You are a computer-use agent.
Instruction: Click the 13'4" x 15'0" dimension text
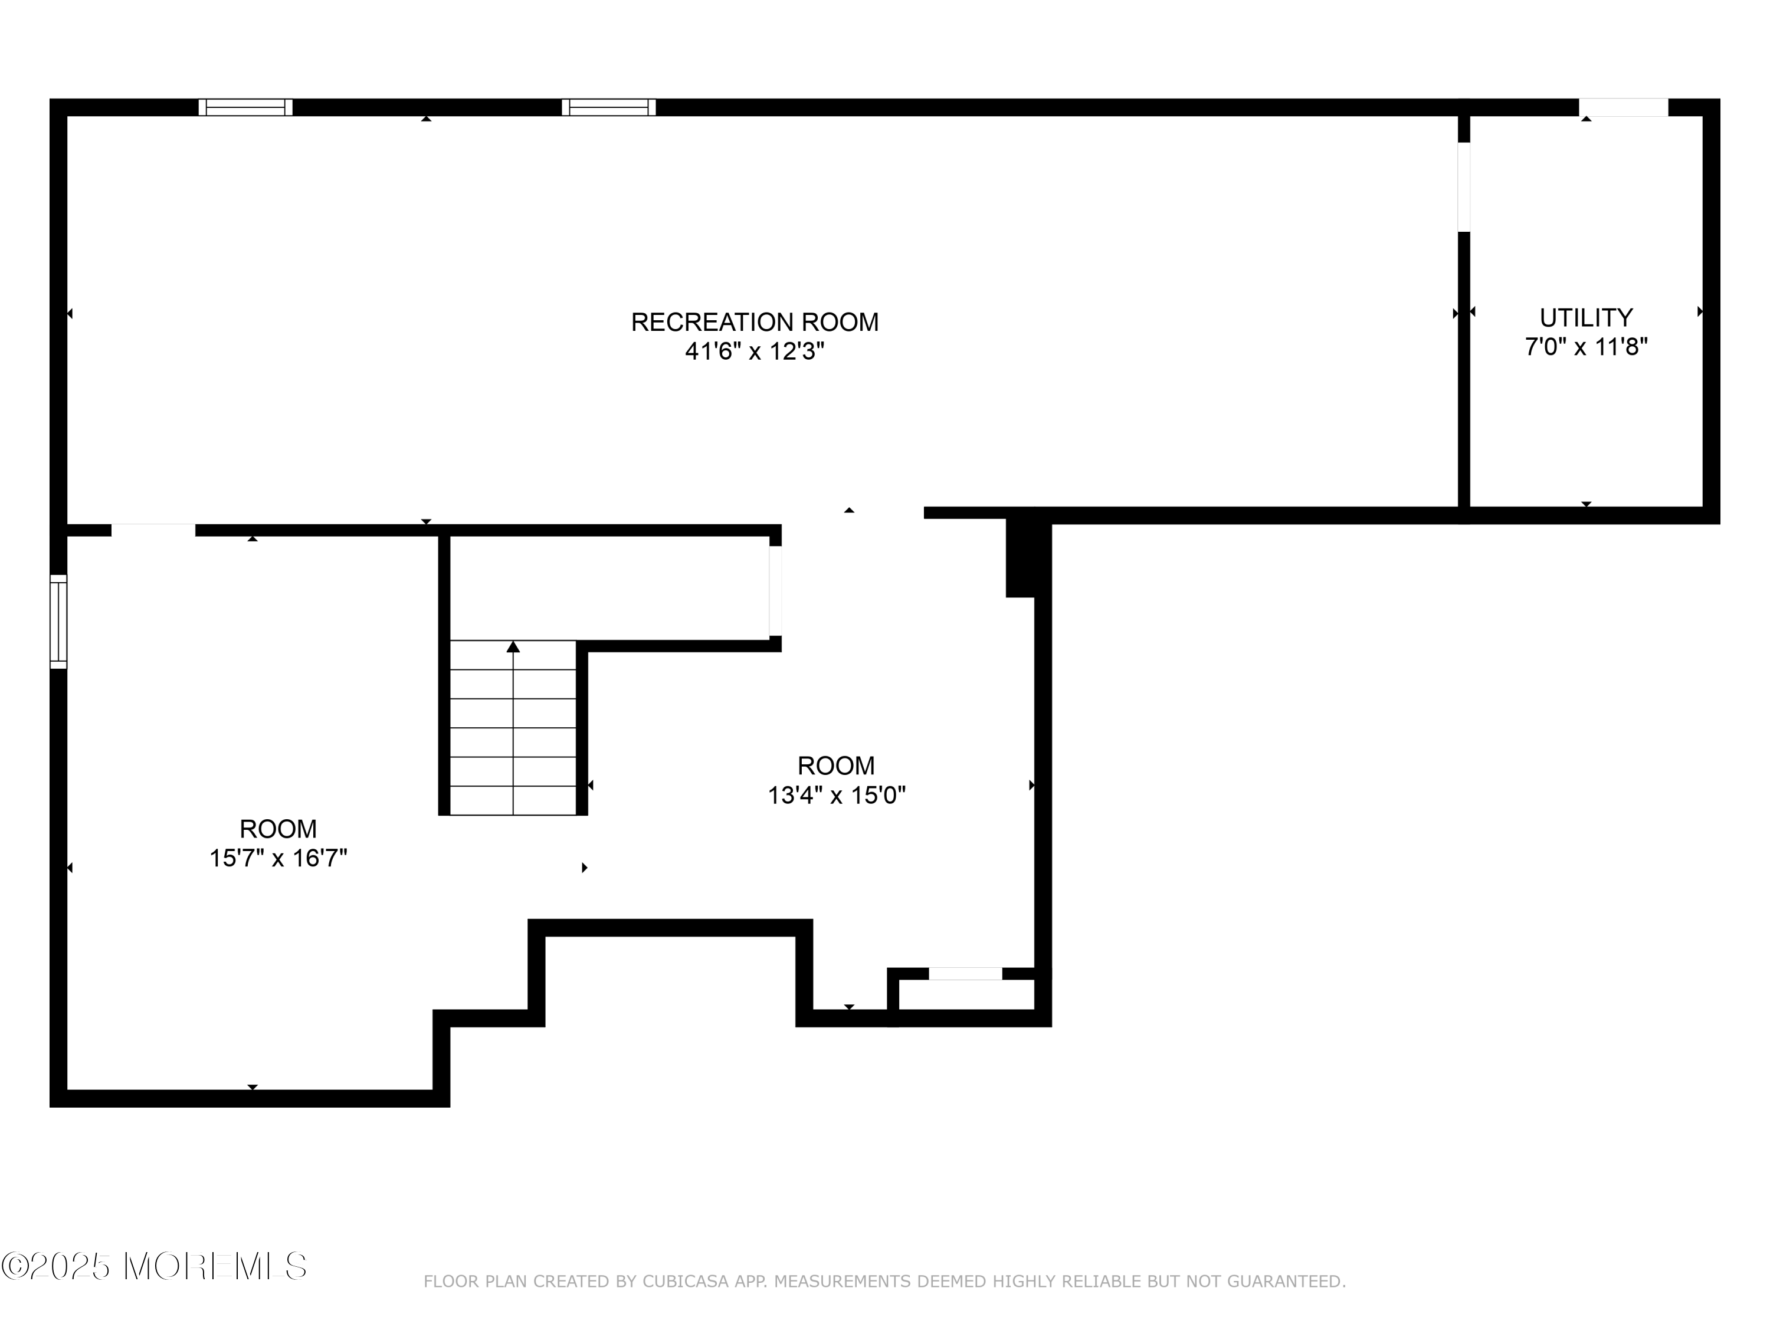836,795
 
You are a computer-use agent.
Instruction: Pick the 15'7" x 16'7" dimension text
278,858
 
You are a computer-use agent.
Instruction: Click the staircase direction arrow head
513,646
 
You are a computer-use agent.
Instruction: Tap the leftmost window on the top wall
245,107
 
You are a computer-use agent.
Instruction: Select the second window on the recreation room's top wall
609,107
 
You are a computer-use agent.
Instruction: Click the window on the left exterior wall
58,622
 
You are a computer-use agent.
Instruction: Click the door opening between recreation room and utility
1464,187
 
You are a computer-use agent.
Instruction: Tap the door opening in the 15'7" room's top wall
153,530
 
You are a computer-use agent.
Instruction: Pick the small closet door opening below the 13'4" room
965,974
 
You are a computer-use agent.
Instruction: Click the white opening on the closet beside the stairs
775,591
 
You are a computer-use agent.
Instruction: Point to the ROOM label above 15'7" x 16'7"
278,829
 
